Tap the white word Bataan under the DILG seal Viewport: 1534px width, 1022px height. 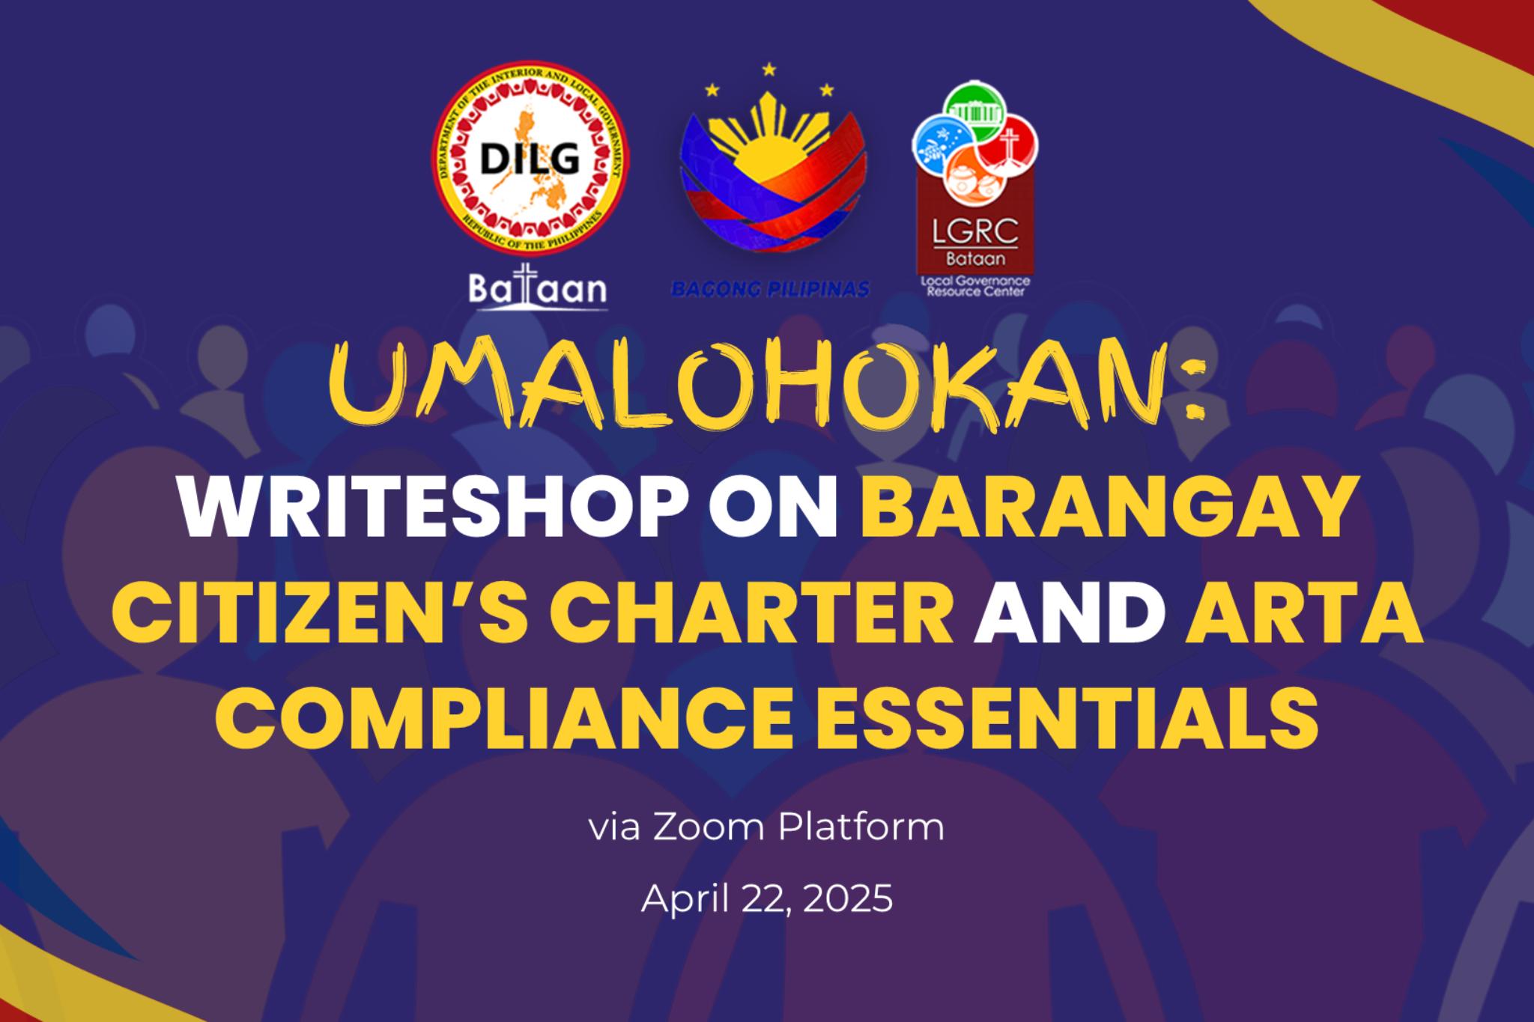(538, 288)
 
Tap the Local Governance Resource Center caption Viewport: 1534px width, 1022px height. (974, 285)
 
